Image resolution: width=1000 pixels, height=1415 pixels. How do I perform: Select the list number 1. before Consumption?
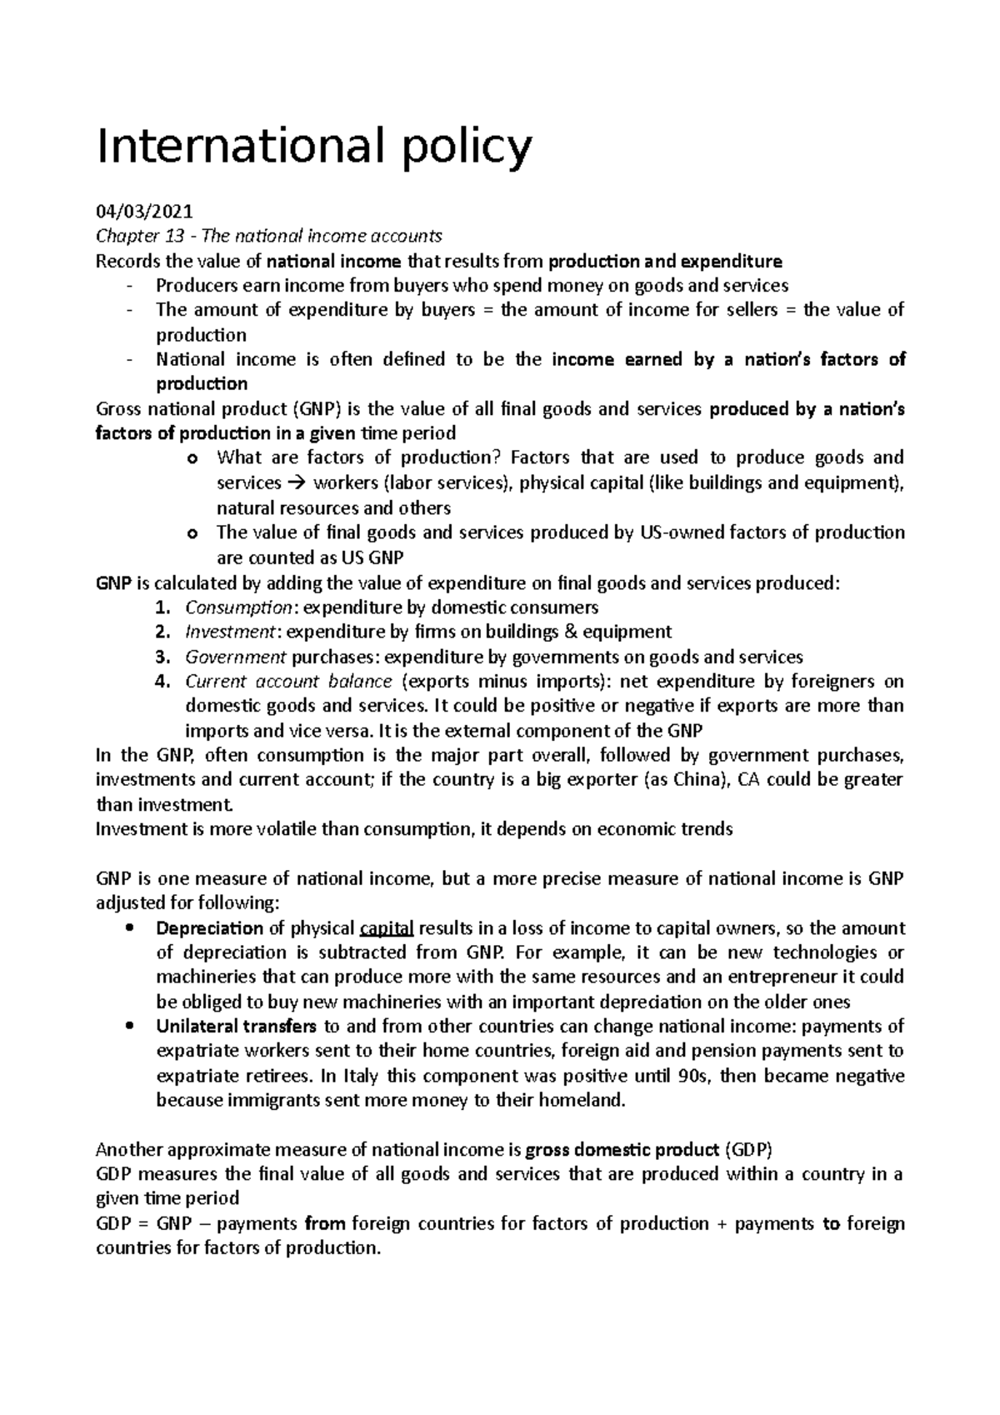tap(163, 607)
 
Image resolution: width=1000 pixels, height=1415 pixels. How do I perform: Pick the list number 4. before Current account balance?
tap(163, 682)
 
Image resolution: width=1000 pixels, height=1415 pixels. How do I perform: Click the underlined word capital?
tap(386, 928)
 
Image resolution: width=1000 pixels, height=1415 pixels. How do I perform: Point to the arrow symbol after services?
tap(297, 483)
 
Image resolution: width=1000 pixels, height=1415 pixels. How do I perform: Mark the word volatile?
tap(282, 830)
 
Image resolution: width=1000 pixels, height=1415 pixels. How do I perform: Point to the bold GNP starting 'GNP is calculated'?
tap(114, 583)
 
